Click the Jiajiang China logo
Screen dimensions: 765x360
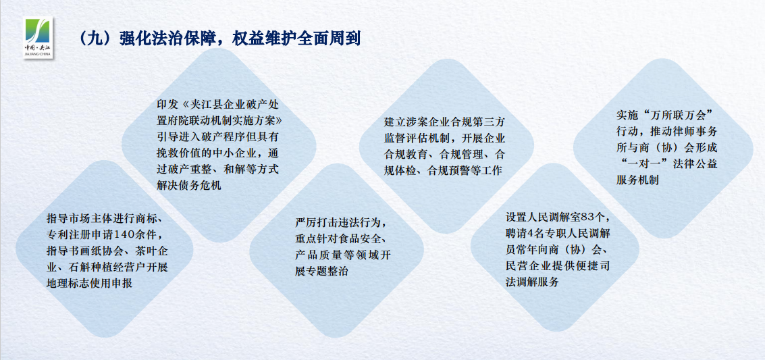(38, 38)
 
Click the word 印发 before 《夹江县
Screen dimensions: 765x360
(167, 105)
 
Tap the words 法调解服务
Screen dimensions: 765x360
(532, 282)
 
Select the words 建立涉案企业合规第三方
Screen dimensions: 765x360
(444, 120)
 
